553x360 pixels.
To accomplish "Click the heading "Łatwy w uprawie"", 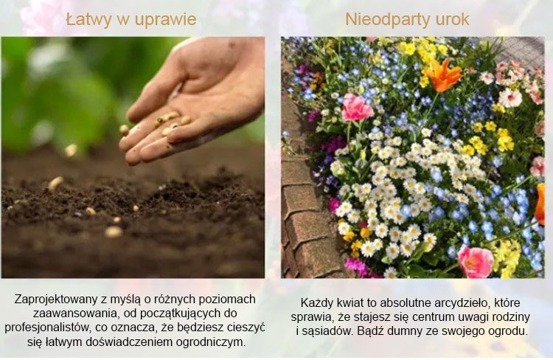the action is [x=131, y=19].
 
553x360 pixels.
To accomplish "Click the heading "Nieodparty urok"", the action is [x=407, y=19].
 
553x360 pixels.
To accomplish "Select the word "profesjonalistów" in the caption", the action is [x=48, y=328].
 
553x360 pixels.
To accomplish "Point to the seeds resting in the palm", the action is [x=171, y=121].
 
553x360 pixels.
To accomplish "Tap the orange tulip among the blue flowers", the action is [x=442, y=75].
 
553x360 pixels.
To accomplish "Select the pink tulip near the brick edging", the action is [x=357, y=107].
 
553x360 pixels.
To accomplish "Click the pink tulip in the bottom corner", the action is [x=476, y=262].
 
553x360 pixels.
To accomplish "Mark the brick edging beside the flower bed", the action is [x=305, y=198].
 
